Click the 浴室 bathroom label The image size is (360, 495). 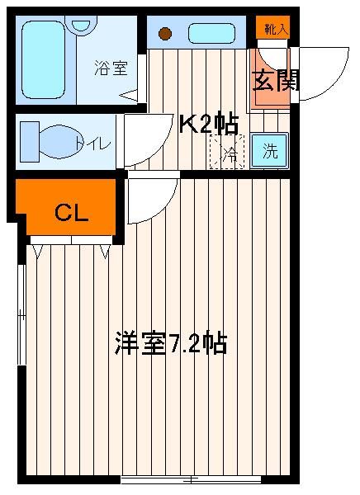111,68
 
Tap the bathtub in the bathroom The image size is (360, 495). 43,59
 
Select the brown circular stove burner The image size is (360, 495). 165,34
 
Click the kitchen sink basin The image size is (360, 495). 211,34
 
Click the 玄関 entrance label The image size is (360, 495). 276,82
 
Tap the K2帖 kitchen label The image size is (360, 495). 209,125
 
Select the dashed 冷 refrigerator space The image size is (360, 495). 227,152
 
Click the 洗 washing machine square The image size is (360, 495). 270,151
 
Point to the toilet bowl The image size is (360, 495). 59,142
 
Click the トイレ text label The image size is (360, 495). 92,144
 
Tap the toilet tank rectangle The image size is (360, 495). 30,142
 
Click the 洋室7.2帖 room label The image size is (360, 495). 171,343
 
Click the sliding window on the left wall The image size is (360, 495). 21,315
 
